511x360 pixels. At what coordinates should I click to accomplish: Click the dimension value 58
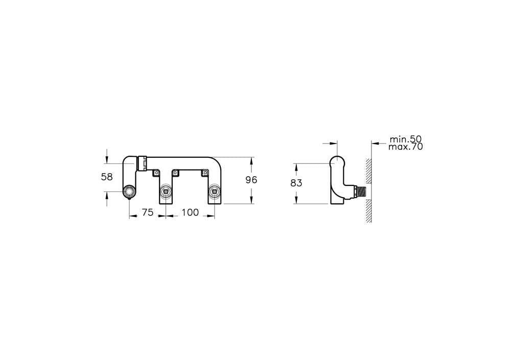point(107,177)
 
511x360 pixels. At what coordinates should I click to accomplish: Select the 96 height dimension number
point(251,180)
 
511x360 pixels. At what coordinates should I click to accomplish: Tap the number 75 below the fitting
point(148,212)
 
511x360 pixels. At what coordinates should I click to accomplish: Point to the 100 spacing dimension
point(190,212)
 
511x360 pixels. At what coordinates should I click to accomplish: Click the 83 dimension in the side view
point(296,183)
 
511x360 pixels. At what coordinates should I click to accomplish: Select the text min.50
point(406,139)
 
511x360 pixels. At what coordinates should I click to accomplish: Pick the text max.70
point(406,147)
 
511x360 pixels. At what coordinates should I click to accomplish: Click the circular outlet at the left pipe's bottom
point(129,192)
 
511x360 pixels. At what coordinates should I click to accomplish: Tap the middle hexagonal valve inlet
point(166,192)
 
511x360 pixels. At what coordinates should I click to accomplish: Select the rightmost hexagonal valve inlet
point(214,192)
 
